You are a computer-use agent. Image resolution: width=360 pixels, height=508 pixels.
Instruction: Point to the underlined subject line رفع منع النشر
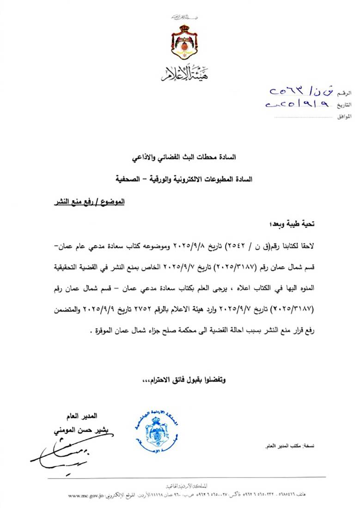coord(87,202)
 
